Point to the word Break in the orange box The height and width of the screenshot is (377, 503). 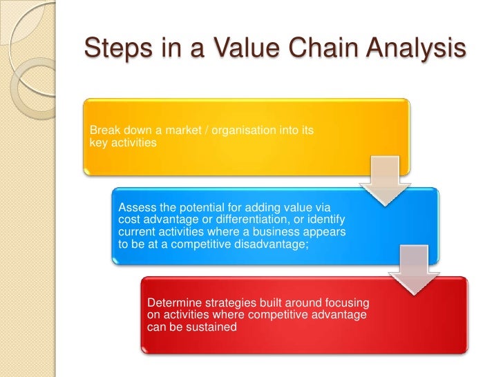pyautogui.click(x=104, y=131)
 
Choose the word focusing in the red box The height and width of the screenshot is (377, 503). pyautogui.click(x=346, y=304)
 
